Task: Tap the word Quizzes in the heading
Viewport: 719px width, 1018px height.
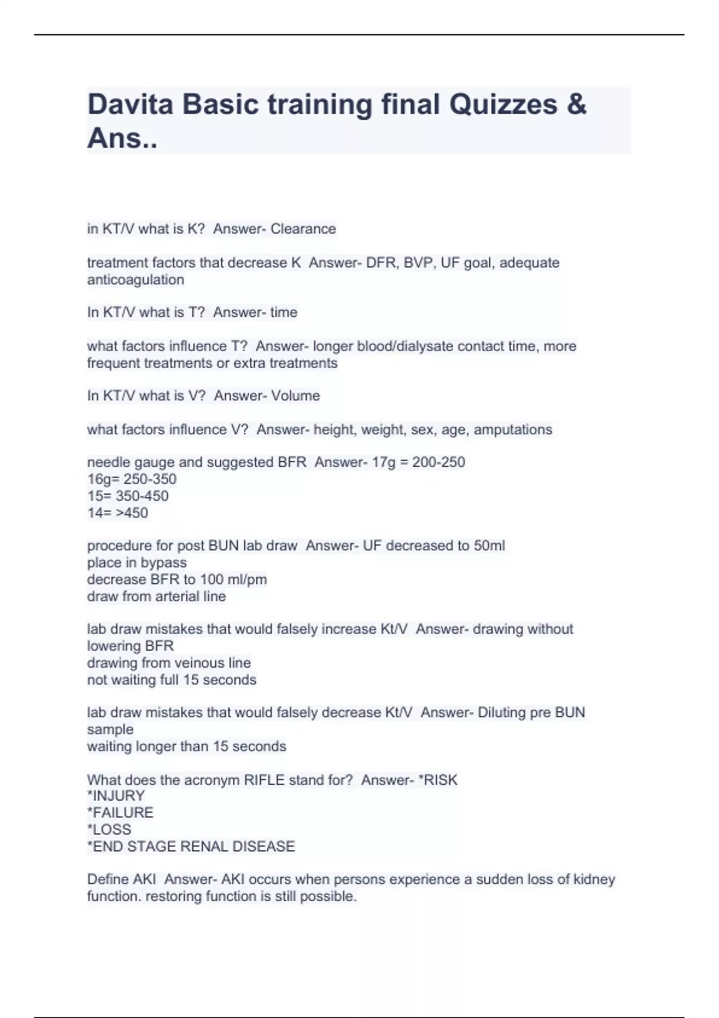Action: pyautogui.click(x=503, y=104)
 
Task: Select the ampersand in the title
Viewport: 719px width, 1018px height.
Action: pyautogui.click(x=576, y=104)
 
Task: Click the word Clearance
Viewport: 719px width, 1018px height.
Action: pyautogui.click(x=303, y=229)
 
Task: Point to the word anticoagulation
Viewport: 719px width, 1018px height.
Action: pyautogui.click(x=135, y=280)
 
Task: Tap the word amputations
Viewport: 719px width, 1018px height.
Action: pyautogui.click(x=513, y=429)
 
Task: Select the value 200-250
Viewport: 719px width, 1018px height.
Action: pyautogui.click(x=439, y=462)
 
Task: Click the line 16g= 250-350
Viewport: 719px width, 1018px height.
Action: pyautogui.click(x=132, y=479)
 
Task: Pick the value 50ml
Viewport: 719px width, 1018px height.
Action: pyautogui.click(x=490, y=546)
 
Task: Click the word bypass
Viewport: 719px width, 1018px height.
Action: pyautogui.click(x=164, y=562)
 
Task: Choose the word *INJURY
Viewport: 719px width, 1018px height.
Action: pyautogui.click(x=116, y=796)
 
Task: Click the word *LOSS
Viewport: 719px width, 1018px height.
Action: pyautogui.click(x=109, y=829)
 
